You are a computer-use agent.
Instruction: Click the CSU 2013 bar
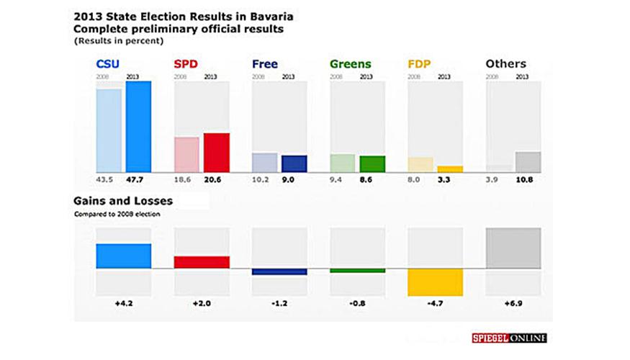click(x=138, y=127)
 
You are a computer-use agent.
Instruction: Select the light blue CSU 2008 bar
click(x=109, y=130)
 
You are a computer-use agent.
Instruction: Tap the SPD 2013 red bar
click(x=216, y=153)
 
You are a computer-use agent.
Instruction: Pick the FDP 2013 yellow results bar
click(x=450, y=169)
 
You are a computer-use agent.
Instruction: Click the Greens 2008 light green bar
click(x=343, y=163)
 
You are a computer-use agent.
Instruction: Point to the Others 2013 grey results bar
click(x=528, y=162)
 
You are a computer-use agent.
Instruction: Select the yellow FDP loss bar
click(x=435, y=282)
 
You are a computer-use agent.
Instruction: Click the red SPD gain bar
click(x=202, y=262)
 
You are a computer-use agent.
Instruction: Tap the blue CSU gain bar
click(x=124, y=256)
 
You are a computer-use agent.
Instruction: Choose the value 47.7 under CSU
click(x=137, y=180)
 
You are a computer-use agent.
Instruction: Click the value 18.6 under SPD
click(x=184, y=180)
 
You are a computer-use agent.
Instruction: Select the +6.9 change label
click(x=513, y=304)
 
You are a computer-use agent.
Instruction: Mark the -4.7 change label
click(x=435, y=304)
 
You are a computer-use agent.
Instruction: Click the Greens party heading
click(x=350, y=64)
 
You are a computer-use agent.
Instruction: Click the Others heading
click(x=505, y=64)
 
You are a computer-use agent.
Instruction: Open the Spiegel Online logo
click(x=509, y=338)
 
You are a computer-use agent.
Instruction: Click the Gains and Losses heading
click(x=123, y=201)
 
